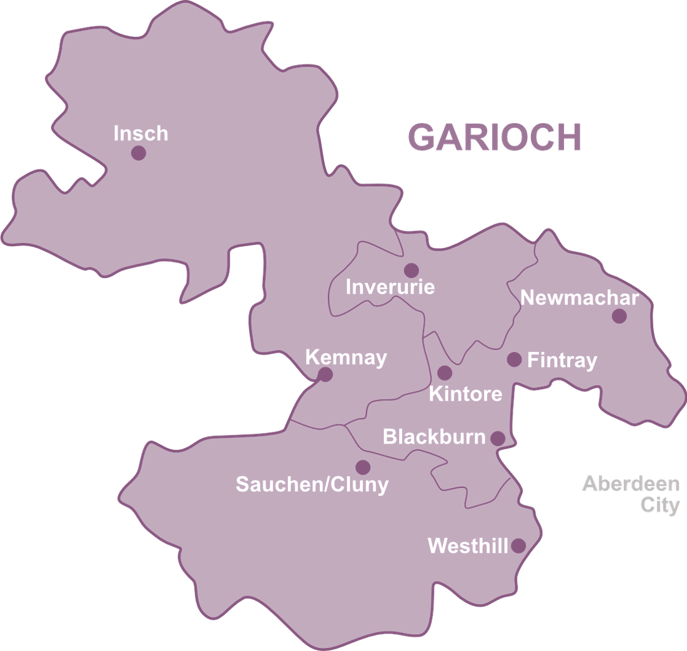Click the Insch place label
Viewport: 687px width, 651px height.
tap(141, 134)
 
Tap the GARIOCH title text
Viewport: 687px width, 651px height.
tap(495, 137)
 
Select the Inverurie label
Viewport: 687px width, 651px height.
tap(390, 287)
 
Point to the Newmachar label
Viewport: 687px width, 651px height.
tap(580, 298)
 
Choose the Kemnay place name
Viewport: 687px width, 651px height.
tap(345, 358)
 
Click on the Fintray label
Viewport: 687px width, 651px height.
tap(562, 360)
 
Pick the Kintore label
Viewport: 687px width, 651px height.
tap(465, 394)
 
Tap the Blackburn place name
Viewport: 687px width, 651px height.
tap(434, 437)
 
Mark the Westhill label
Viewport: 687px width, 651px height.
tap(468, 546)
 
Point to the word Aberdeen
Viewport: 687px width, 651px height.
tap(631, 484)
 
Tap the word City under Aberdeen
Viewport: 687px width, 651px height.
tap(660, 504)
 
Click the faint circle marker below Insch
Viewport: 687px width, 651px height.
tap(138, 154)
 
